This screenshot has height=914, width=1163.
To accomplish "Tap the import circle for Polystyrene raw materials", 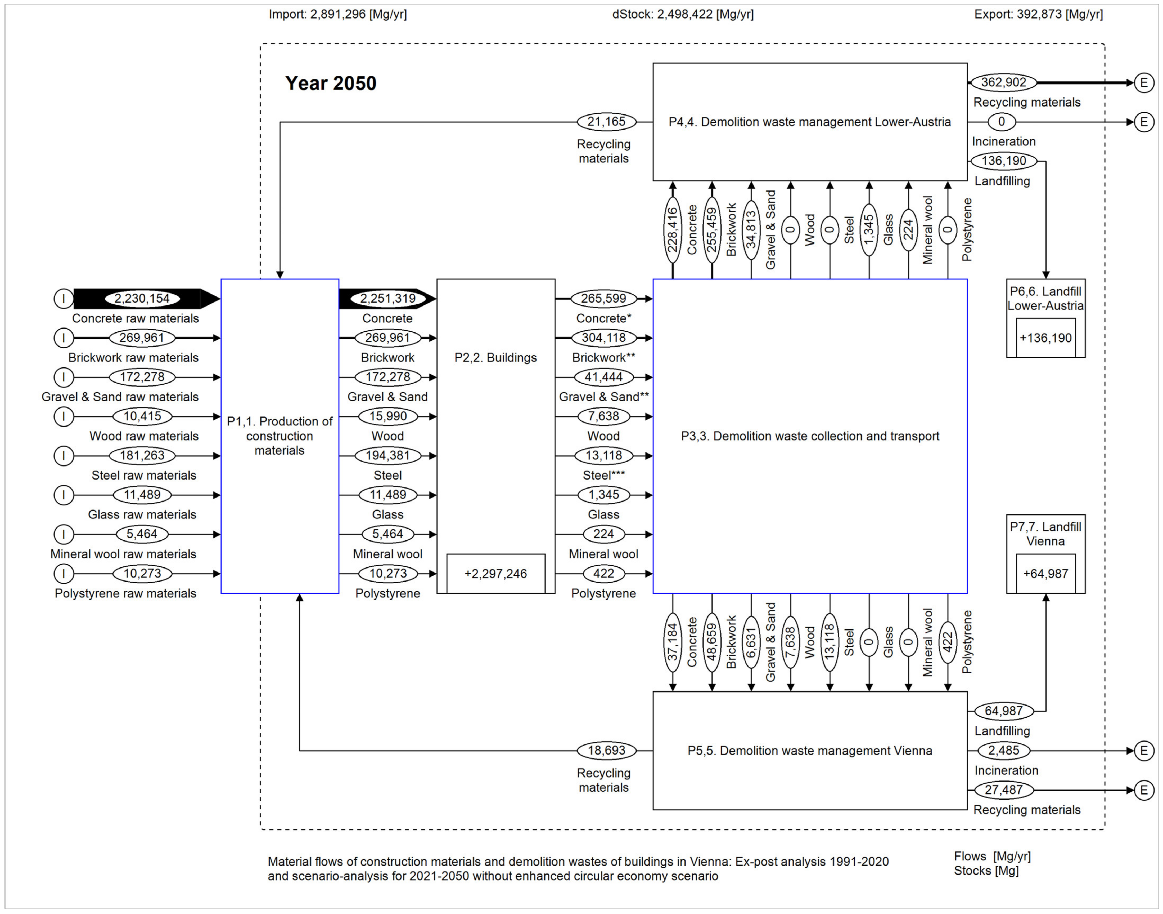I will (64, 574).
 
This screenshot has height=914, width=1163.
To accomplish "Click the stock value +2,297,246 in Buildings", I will (496, 574).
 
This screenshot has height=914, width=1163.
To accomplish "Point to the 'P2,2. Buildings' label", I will (496, 357).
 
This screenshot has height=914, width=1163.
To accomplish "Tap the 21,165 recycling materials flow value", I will (606, 122).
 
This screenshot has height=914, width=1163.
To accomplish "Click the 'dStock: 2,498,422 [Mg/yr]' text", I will (683, 14).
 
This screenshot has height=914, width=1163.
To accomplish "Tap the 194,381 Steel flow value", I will (388, 456).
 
